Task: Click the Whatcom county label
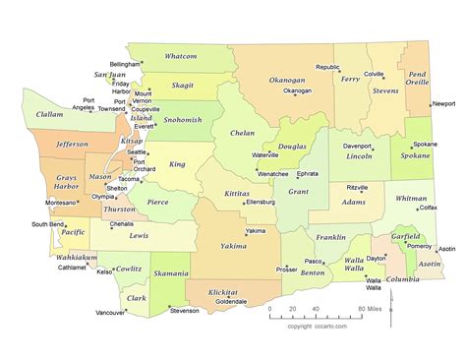point(181,56)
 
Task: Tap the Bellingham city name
point(123,63)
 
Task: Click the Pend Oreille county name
point(418,78)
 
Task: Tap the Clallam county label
point(49,114)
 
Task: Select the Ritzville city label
point(357,186)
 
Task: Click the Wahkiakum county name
point(76,257)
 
